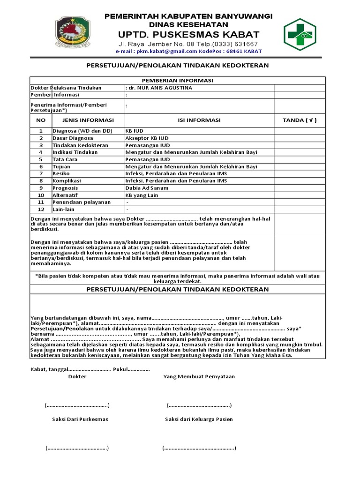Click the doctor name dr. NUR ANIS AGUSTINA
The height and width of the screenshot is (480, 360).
[159, 88]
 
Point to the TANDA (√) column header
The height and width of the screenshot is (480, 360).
[300, 120]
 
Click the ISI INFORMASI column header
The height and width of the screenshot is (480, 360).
[199, 120]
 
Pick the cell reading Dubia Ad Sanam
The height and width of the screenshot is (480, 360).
[147, 188]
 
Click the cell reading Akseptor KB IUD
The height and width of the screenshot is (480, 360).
[147, 138]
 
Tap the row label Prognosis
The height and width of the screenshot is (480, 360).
[66, 188]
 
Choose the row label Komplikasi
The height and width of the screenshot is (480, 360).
[67, 180]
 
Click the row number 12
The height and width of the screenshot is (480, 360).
[41, 209]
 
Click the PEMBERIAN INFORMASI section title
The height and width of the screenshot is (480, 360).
[178, 80]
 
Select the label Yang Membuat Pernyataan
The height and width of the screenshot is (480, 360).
[199, 376]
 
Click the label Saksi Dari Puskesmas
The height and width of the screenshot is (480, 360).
[80, 419]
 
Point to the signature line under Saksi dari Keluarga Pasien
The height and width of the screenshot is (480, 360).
[199, 448]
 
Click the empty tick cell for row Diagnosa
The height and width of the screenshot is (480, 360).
[300, 131]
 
